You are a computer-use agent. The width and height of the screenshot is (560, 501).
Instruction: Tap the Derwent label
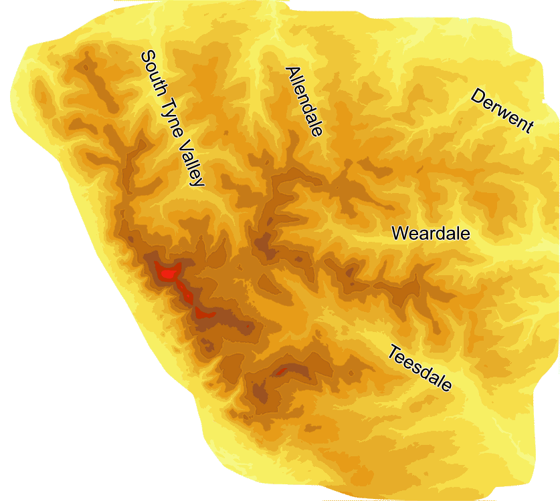click(x=502, y=111)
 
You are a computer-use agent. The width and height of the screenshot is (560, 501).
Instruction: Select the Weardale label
click(x=431, y=234)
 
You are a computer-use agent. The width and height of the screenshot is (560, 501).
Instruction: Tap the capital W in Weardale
click(x=399, y=234)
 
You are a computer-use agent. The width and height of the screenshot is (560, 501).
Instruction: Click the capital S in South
click(x=145, y=57)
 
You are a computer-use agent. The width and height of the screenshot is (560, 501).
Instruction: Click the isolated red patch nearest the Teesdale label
click(x=281, y=370)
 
